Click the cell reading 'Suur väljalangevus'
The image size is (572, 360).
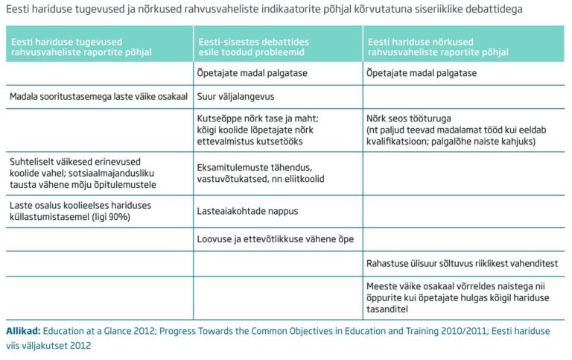coord(237,97)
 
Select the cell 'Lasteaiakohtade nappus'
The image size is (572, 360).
coord(247,211)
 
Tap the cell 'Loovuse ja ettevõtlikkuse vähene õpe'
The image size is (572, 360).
coord(274,239)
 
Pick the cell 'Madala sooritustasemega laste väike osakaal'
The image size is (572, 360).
coord(98,97)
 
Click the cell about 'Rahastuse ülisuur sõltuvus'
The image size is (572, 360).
coord(462,263)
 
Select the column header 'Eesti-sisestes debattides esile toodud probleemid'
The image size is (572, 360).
coord(253,47)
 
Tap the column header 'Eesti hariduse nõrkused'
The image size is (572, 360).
coord(439,47)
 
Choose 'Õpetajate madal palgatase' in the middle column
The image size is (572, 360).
coord(252,73)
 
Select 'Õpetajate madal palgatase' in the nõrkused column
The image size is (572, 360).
coord(422,73)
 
